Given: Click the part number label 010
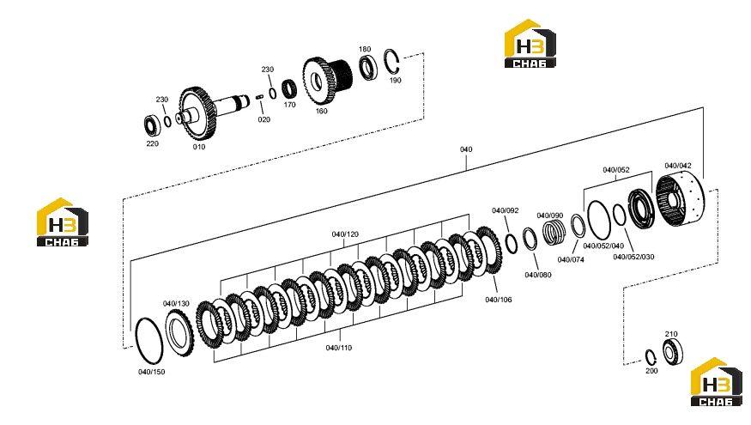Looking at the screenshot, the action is tap(199, 147).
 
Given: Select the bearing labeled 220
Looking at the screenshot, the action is tap(152, 124).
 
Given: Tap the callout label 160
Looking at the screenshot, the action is tap(321, 111).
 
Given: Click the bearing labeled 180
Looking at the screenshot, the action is tap(369, 68).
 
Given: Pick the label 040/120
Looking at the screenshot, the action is tap(345, 234).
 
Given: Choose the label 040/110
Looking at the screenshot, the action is tap(339, 348).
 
